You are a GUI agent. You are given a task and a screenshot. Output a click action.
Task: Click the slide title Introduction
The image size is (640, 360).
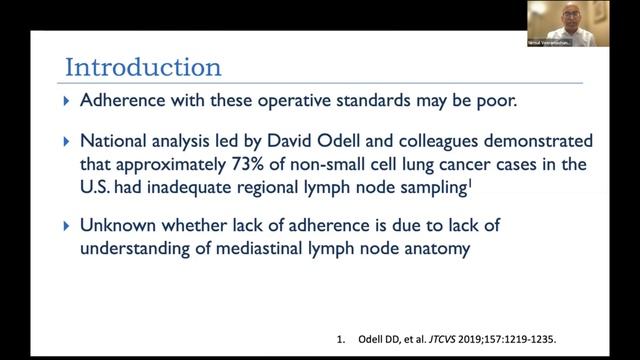click(143, 68)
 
